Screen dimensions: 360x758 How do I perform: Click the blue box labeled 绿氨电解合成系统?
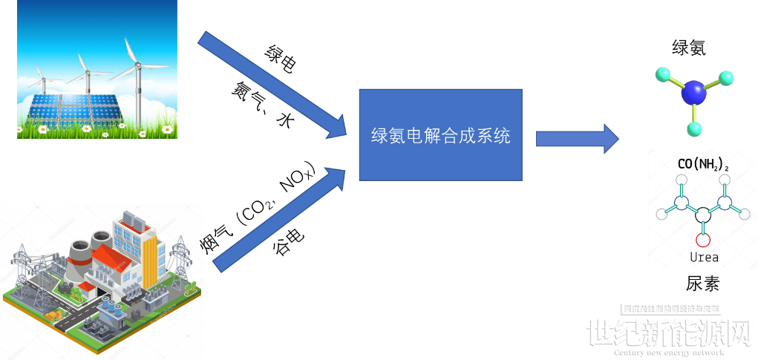click(440, 135)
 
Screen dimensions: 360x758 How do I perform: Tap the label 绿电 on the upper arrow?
click(281, 59)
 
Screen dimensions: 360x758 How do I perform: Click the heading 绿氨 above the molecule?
click(688, 48)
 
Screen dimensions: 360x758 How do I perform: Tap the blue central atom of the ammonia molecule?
click(694, 93)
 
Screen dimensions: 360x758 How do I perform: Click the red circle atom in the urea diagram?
click(703, 240)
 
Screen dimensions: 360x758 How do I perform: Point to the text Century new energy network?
click(668, 353)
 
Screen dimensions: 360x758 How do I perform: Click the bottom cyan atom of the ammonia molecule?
click(695, 129)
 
